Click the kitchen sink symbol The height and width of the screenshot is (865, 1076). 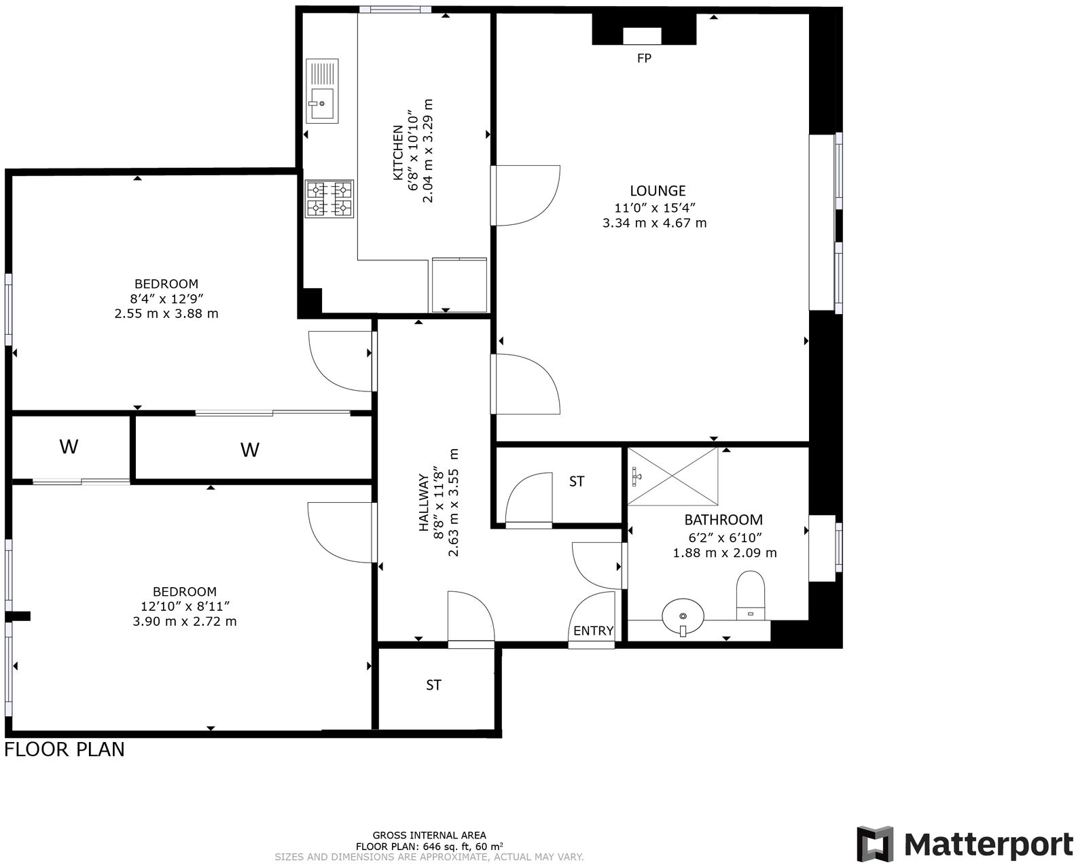323,91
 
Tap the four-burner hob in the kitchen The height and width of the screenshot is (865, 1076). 329,198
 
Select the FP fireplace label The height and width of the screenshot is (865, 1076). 644,58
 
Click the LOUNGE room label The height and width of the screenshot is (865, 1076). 657,191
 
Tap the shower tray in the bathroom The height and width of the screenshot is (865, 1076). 672,476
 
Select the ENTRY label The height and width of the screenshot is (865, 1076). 593,631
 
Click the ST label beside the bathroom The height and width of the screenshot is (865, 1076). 576,482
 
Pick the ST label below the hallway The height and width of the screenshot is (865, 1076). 433,685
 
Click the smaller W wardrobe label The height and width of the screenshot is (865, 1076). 69,447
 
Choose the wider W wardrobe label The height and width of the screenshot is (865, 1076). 250,450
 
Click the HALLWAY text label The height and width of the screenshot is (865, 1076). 424,502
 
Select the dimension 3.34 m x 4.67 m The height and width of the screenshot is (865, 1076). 654,223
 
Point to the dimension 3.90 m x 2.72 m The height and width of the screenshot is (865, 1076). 185,621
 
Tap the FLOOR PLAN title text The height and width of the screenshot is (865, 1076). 65,749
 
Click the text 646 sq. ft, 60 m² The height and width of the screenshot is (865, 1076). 462,847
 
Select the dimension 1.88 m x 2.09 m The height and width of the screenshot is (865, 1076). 724,553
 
